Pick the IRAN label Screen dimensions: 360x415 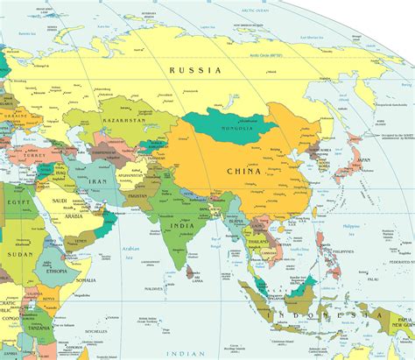[96, 180]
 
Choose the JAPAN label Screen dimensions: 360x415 [362, 160]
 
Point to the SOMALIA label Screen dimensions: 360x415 [86, 280]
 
